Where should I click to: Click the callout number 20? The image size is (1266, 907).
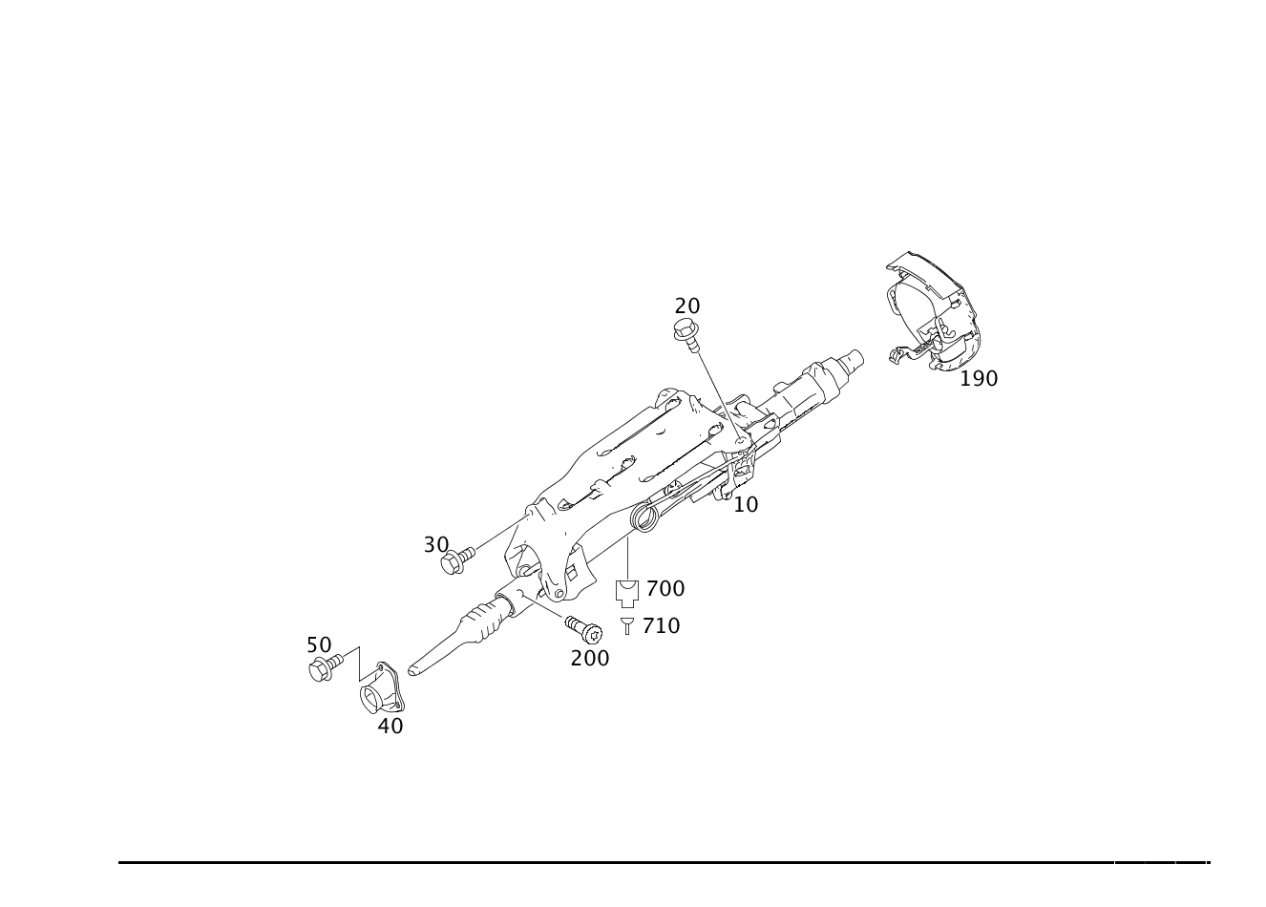coord(687,306)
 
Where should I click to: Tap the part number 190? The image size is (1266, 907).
coord(979,378)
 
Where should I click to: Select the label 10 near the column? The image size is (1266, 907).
coord(746,503)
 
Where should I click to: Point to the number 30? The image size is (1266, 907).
coord(436,544)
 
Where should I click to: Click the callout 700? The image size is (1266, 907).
coord(665,588)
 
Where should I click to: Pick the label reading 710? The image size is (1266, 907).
coord(662,625)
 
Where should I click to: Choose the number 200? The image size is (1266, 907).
coord(589,658)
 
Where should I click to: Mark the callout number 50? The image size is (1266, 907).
coord(318,644)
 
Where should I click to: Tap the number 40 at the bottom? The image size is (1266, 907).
coord(390,726)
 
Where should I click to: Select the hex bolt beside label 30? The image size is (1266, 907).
coord(453,562)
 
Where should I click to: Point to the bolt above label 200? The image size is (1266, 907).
coord(583,629)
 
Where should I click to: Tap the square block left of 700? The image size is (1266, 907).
coord(626,593)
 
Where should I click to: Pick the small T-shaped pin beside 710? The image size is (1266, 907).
coord(626,625)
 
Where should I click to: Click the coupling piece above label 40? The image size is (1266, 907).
coord(382,687)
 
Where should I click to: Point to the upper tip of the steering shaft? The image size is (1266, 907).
coord(853,359)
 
